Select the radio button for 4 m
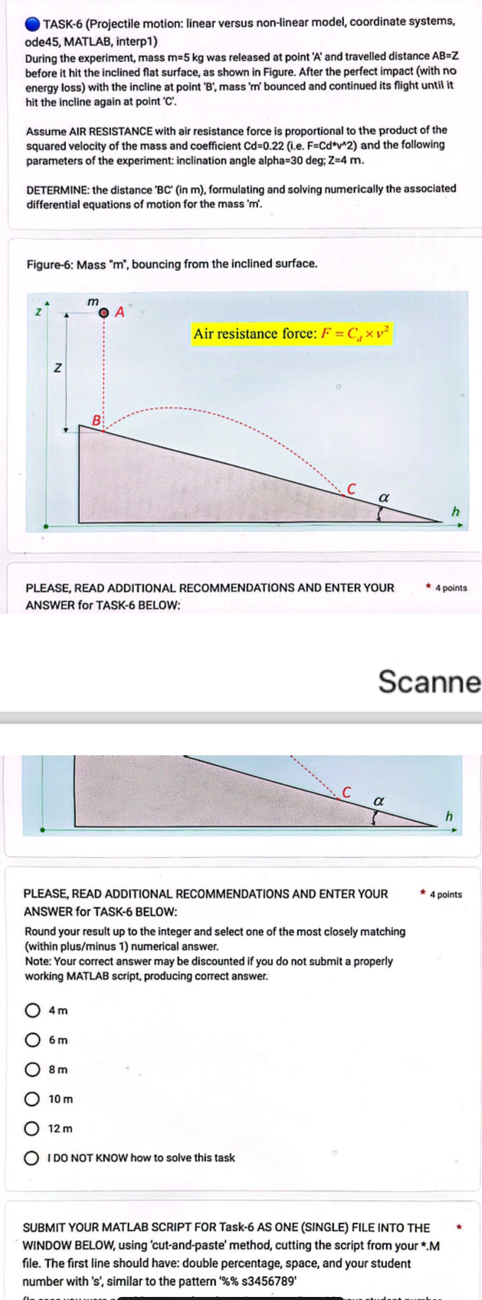click(33, 1010)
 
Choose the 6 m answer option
click(33, 1040)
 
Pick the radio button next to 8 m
click(33, 1069)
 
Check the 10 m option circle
click(33, 1099)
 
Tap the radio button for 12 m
click(33, 1128)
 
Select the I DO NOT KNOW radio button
click(33, 1158)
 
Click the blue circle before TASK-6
click(32, 23)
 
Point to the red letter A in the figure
click(120, 312)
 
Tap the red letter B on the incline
click(97, 420)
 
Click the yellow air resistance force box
click(291, 333)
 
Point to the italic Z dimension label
click(57, 369)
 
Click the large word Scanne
click(429, 681)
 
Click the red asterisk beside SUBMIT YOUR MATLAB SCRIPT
click(459, 1227)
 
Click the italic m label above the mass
click(93, 301)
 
